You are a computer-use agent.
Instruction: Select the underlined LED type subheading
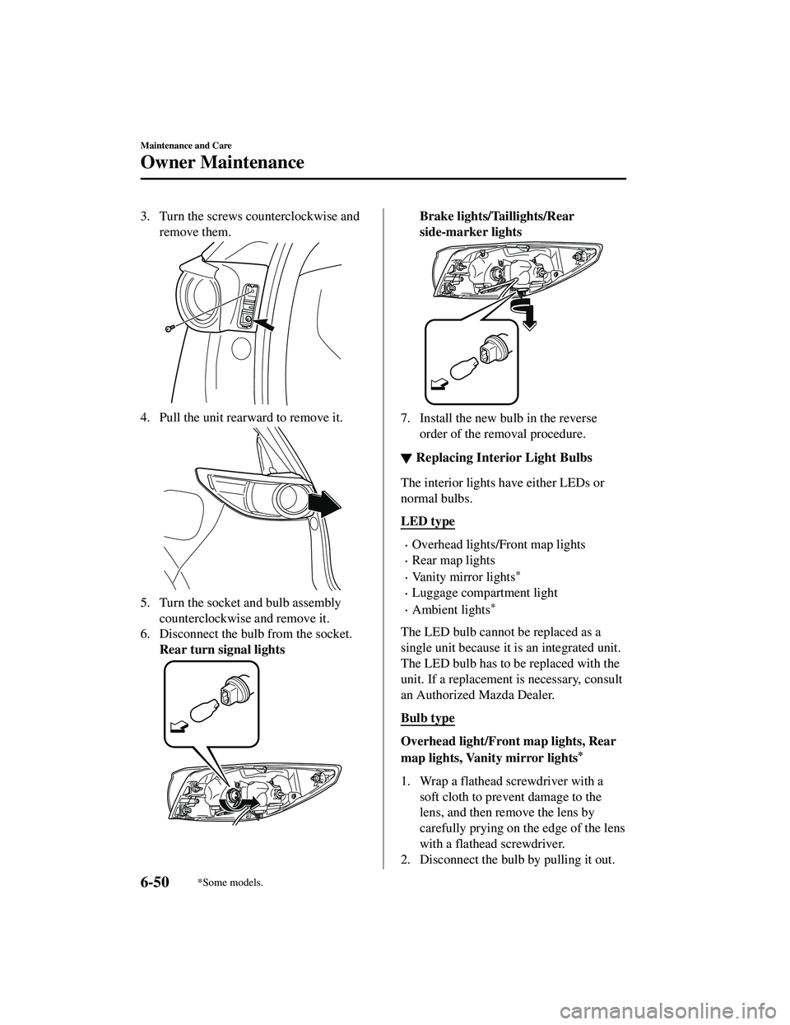point(427,521)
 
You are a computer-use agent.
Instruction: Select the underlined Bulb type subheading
point(427,718)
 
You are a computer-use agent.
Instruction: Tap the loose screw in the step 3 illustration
point(168,328)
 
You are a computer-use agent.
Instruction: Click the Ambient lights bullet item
point(452,609)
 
